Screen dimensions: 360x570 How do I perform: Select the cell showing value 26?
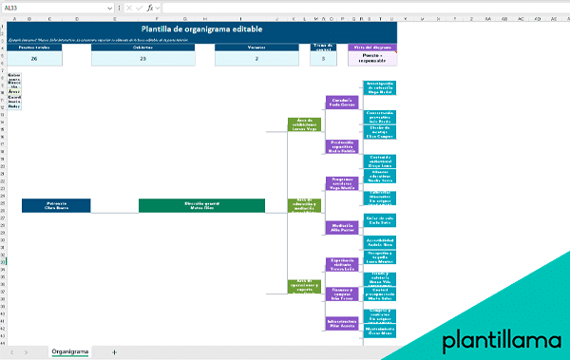34,59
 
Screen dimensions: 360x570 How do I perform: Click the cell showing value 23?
142,59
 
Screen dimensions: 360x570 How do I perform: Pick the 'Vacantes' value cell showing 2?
256,59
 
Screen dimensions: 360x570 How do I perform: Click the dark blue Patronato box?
56,205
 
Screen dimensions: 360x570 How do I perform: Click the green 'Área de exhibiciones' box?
305,124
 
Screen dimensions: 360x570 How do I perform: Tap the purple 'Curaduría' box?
342,102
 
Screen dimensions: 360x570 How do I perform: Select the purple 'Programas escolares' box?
342,182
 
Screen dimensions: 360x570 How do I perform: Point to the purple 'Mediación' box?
342,228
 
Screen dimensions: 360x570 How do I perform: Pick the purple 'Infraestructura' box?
342,326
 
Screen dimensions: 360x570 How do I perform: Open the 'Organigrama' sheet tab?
70,351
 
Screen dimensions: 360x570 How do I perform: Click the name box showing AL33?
28,8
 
